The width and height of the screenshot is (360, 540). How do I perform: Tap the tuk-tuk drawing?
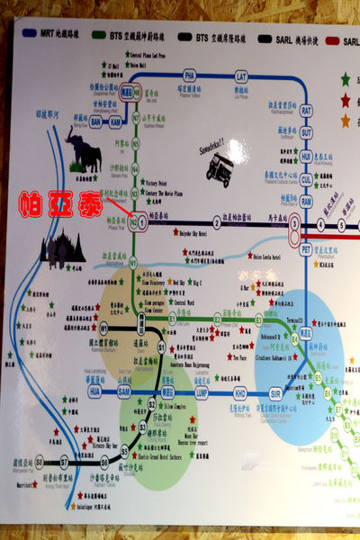coord(219,166)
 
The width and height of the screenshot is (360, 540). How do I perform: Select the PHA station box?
coord(189,75)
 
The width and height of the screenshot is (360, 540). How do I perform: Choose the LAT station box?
coord(240,75)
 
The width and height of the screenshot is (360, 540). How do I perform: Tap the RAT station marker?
coord(306,110)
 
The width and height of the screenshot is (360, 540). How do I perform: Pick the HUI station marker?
coord(306,155)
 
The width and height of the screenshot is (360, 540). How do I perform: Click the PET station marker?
coord(306,248)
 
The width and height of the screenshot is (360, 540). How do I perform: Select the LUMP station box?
coord(202,393)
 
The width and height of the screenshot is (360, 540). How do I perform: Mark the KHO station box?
coord(240,393)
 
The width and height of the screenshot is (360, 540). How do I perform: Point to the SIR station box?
coord(276,393)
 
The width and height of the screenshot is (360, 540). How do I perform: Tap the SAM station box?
coord(124,393)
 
